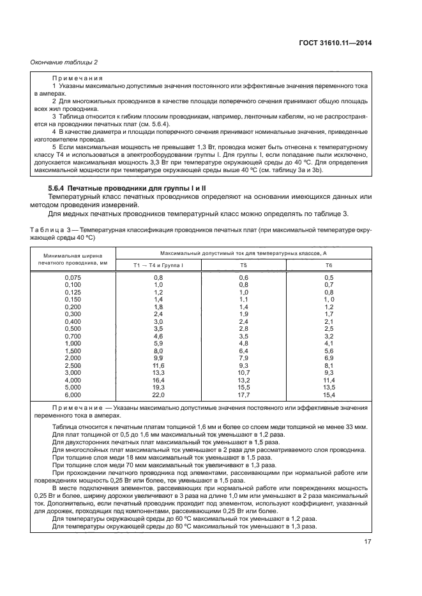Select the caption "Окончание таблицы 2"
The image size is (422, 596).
[64, 62]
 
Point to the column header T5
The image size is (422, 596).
[243, 264]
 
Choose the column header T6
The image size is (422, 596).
[329, 264]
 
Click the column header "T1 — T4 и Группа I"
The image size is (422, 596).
[158, 264]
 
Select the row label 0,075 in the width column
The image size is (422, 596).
[73, 277]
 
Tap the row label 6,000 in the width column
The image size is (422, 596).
[73, 394]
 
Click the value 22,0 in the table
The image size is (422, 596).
[158, 394]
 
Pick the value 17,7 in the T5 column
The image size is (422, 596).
[243, 394]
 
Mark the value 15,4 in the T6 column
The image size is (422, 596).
[329, 394]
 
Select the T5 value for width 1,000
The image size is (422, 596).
[243, 343]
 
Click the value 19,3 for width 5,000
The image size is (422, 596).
[158, 387]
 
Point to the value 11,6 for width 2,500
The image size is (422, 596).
[158, 365]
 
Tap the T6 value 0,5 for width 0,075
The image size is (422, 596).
[329, 277]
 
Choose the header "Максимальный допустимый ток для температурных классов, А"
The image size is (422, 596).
[243, 253]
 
